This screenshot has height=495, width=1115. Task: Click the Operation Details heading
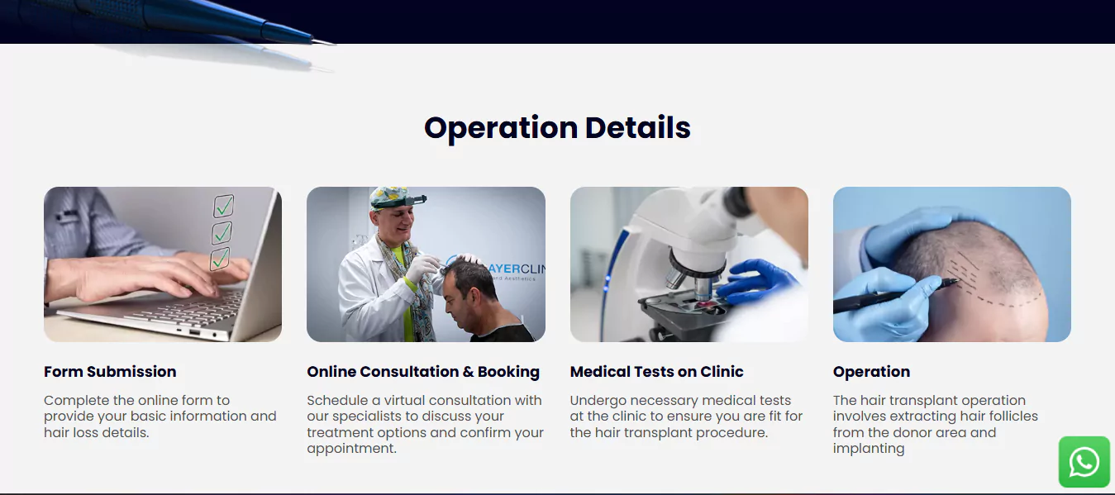pyautogui.click(x=557, y=128)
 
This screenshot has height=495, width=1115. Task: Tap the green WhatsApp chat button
pyautogui.click(x=1084, y=462)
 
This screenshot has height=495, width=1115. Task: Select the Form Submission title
pyautogui.click(x=110, y=372)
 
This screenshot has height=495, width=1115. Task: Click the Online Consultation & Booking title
pyautogui.click(x=423, y=372)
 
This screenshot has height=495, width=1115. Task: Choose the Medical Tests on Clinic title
pyautogui.click(x=656, y=372)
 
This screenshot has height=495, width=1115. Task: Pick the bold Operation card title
pyautogui.click(x=872, y=372)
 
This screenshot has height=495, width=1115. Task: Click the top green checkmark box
pyautogui.click(x=223, y=206)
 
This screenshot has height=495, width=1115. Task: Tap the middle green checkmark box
pyautogui.click(x=222, y=233)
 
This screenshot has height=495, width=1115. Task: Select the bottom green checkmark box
pyautogui.click(x=220, y=259)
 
